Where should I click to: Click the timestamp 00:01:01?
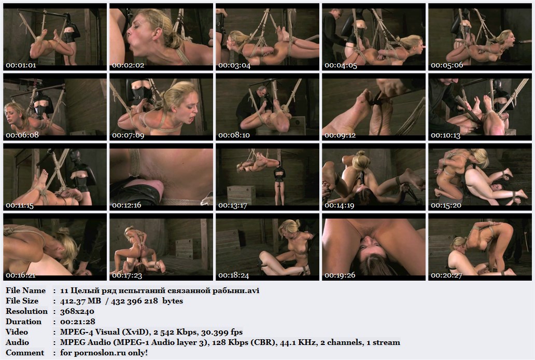point(21,65)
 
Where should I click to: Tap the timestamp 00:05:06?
point(447,65)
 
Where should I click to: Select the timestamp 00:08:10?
point(234,135)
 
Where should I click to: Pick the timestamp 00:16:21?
point(20,275)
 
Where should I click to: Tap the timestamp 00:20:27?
point(446,275)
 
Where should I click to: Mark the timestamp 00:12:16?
point(126,205)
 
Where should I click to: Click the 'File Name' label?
point(25,290)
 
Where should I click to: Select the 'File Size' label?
point(22,301)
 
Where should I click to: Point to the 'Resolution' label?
point(26,311)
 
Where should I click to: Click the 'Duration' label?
point(23,322)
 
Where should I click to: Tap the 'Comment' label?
point(25,353)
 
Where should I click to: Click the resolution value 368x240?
point(77,312)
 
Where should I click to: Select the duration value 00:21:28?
point(77,322)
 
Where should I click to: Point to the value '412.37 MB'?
point(80,301)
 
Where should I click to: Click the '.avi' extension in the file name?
point(253,290)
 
